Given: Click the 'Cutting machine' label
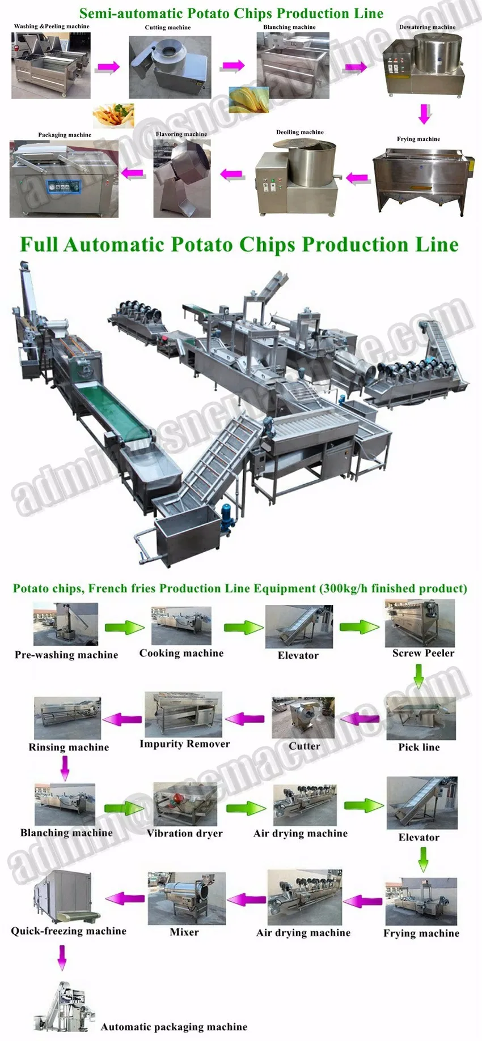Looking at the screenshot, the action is pyautogui.click(x=168, y=27).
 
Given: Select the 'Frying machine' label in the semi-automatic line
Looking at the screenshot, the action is pyautogui.click(x=418, y=139).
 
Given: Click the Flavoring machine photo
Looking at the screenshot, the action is pyautogui.click(x=181, y=179).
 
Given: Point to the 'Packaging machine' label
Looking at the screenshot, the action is pyautogui.click(x=65, y=135).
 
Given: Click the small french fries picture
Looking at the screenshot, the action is pyautogui.click(x=114, y=116).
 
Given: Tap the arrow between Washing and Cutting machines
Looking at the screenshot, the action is pyautogui.click(x=108, y=67).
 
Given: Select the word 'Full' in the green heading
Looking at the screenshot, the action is pyautogui.click(x=39, y=245).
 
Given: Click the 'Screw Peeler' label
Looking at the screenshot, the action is pyautogui.click(x=423, y=653).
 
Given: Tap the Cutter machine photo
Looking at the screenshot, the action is pyautogui.click(x=303, y=718).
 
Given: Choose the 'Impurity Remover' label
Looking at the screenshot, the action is pyautogui.click(x=185, y=744).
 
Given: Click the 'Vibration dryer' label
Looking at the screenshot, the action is pyautogui.click(x=184, y=833).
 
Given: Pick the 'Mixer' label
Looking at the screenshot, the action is pyautogui.click(x=184, y=932).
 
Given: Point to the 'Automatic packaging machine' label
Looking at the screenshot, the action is pyautogui.click(x=174, y=1027).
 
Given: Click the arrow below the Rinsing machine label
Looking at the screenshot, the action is pyautogui.click(x=65, y=767).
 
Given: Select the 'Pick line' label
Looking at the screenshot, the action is pyautogui.click(x=419, y=747).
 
